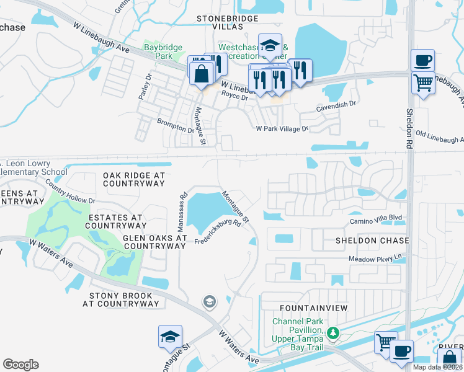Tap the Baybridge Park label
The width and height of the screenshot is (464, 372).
pos(158,51)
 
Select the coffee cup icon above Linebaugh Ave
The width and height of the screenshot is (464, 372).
pos(422,61)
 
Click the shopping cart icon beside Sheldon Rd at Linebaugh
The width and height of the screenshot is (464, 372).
pos(422,82)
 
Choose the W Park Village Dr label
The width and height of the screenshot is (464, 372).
pos(282,129)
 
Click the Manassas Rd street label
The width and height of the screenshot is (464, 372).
pos(183,203)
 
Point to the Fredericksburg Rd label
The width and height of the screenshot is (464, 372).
pos(218,232)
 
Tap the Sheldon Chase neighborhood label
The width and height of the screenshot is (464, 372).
pos(372,240)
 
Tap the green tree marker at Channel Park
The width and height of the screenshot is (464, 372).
pos(334,334)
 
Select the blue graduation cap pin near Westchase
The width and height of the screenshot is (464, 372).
pos(270,45)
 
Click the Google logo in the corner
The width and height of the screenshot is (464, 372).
pos(20,365)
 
